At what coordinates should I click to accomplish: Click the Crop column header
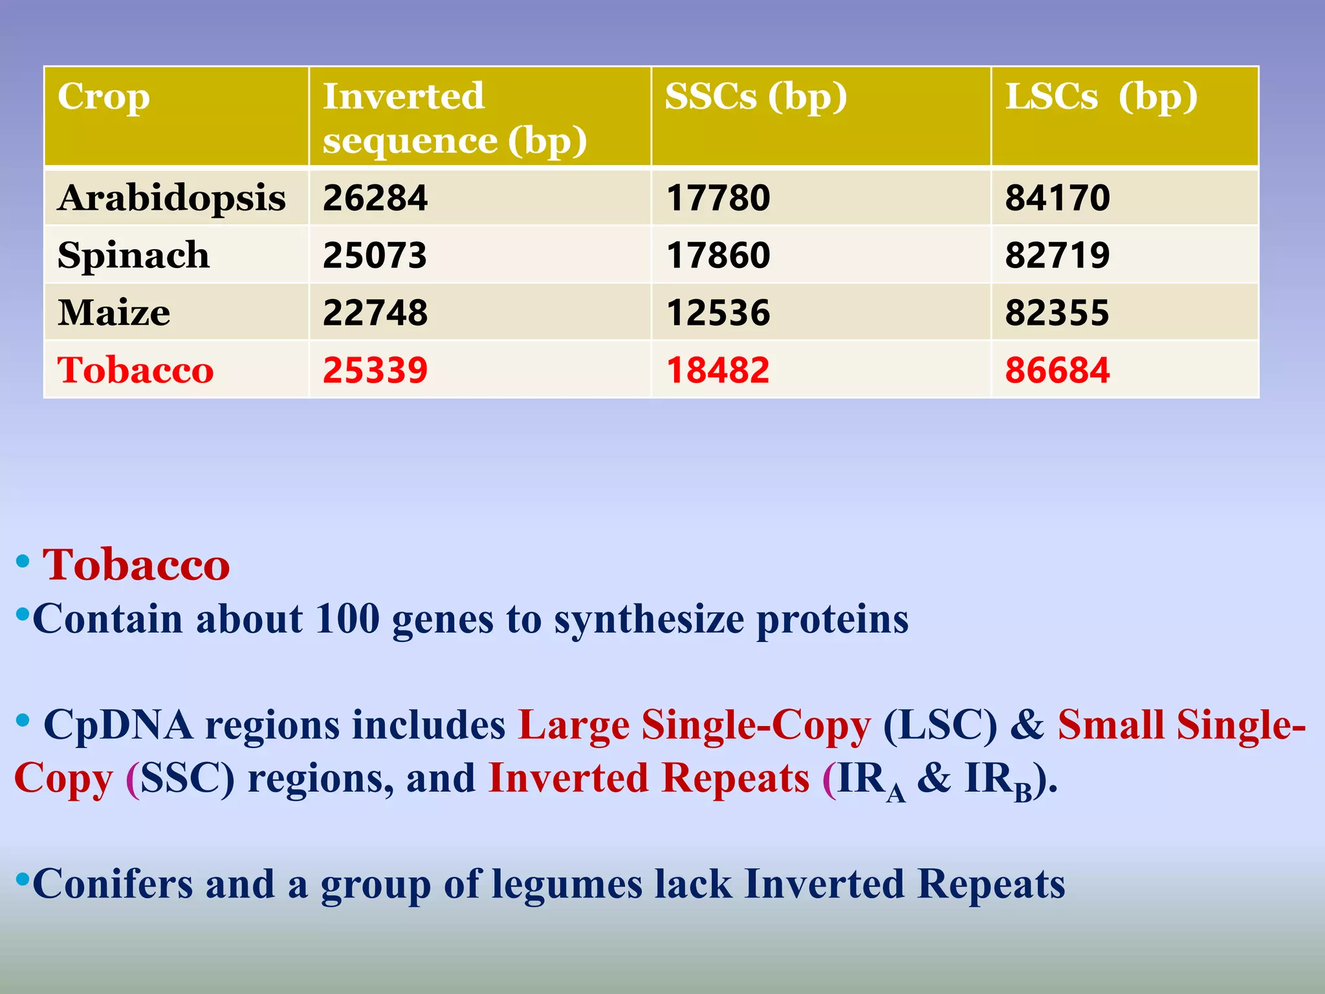coord(104,97)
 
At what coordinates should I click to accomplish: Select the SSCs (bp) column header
coord(756,97)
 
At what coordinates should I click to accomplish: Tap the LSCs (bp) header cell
coord(1101,97)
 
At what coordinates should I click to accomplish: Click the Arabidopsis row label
coord(171,197)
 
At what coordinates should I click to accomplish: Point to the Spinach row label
coord(133,255)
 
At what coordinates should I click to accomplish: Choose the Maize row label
coord(114,313)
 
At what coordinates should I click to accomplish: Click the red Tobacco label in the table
coord(135,370)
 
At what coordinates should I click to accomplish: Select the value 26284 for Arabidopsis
coord(375,198)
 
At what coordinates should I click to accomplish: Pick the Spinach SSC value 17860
coord(718,255)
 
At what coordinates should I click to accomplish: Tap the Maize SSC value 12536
coord(718,313)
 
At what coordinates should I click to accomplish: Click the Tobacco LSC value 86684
coord(1057,370)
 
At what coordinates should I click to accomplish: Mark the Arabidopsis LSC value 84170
coord(1057,198)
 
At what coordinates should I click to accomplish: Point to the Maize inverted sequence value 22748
coord(375,313)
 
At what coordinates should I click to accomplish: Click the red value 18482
coord(718,370)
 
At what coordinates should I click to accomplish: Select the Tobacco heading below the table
coord(136,565)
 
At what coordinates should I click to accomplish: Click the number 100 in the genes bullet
coord(347,619)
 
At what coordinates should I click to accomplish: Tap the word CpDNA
coord(118,724)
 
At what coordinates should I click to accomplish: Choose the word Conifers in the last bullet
coord(113,884)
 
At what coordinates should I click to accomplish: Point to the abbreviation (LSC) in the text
coord(940,725)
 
